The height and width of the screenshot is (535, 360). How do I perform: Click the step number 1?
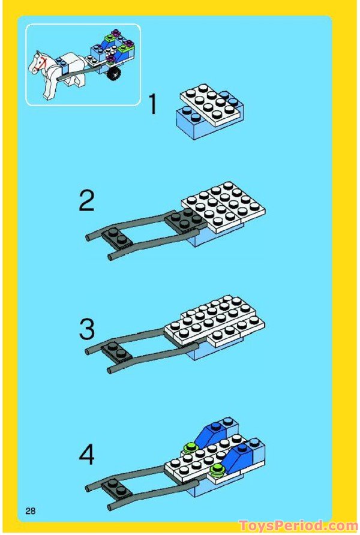point(152,104)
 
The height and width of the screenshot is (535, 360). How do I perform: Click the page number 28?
point(30,511)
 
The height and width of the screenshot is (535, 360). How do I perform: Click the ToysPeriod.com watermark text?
point(297,526)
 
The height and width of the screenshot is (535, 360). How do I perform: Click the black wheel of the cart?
point(114,73)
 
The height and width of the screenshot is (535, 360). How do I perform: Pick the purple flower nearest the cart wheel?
point(111,59)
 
